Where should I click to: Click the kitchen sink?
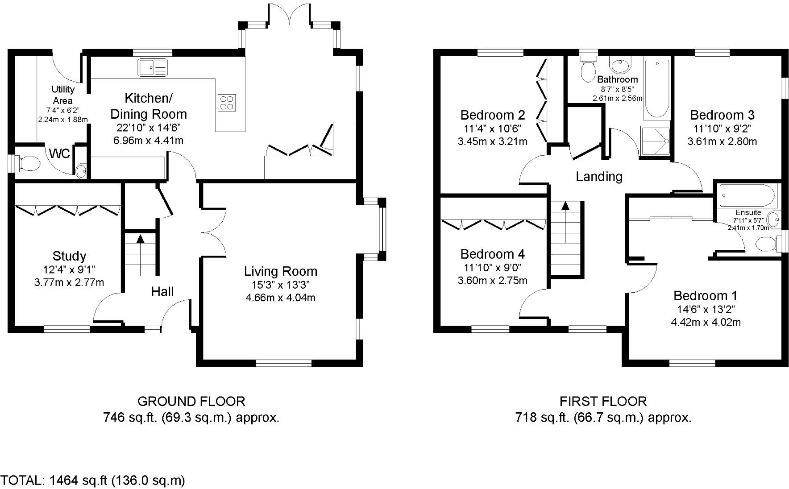coord(152,67)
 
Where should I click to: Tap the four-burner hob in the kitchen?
coord(227,102)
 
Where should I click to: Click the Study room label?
coord(69,256)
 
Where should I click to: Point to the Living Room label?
coord(280,271)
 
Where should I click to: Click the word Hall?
coord(162,292)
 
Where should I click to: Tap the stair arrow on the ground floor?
coord(141,239)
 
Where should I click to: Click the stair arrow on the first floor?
coord(565,206)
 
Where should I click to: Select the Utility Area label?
coord(63,95)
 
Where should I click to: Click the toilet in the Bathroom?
coord(588,70)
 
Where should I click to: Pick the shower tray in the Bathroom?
coord(656,141)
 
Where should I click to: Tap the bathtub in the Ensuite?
coord(747,195)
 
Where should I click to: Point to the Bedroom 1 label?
coord(705,296)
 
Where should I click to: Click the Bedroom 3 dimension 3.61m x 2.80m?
coord(722,142)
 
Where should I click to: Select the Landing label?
coord(599,177)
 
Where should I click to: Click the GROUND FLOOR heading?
coord(191,401)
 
